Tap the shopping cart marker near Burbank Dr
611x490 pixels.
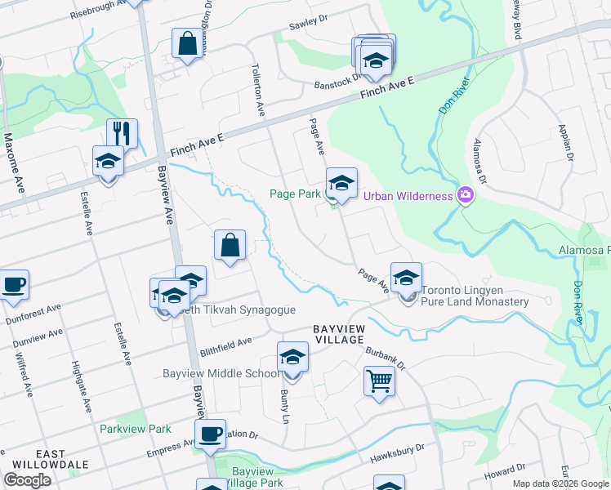click(x=379, y=381)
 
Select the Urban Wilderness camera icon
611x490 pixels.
click(x=466, y=195)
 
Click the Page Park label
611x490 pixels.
click(x=297, y=194)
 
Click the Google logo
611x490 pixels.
click(x=28, y=479)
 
